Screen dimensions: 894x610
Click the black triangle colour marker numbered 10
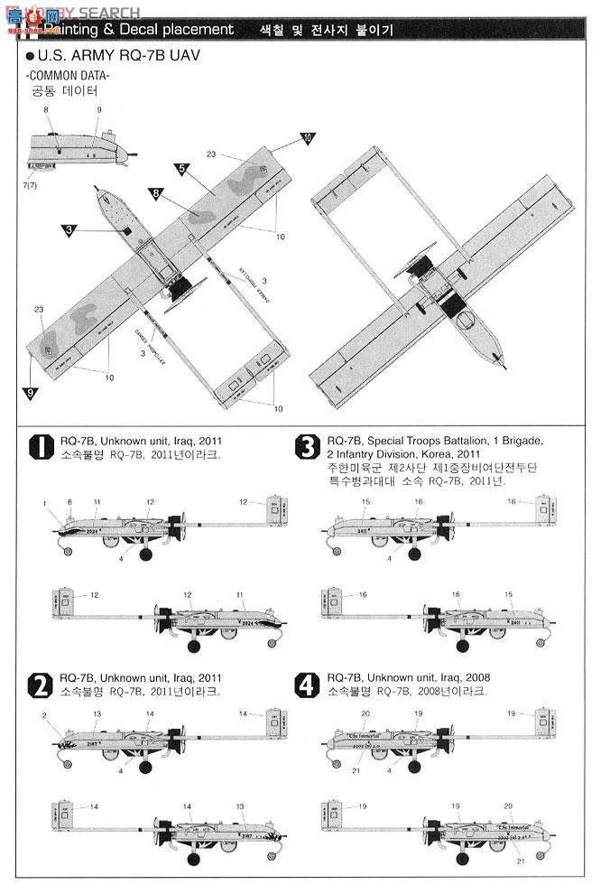(x=308, y=139)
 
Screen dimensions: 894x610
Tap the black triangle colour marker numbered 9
(x=31, y=393)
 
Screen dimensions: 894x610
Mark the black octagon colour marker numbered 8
(x=156, y=194)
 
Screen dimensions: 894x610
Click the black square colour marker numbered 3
(x=69, y=230)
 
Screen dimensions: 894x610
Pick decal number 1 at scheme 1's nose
(x=43, y=502)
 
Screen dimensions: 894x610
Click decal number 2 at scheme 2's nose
(x=43, y=715)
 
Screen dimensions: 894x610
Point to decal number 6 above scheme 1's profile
(x=69, y=502)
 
